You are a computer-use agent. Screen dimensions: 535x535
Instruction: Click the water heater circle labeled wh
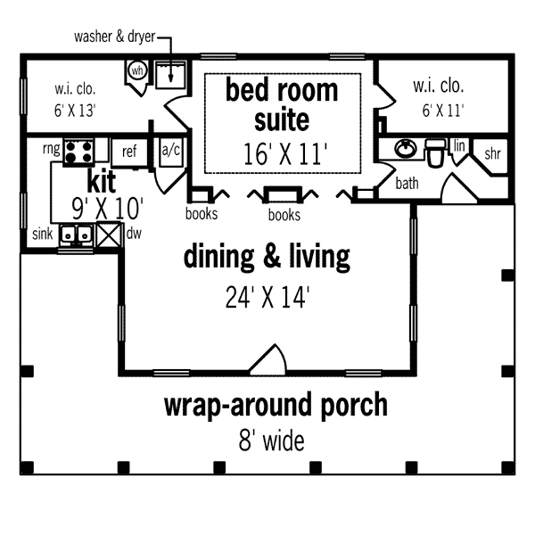tap(137, 71)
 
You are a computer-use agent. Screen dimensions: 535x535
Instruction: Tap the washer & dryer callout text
tap(115, 37)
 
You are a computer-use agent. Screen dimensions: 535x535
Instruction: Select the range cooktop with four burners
tap(78, 152)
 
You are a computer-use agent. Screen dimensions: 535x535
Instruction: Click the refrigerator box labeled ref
tap(129, 152)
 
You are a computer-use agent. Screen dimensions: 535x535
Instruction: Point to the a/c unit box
tap(171, 152)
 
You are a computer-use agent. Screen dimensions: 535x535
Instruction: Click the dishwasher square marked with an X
tap(109, 235)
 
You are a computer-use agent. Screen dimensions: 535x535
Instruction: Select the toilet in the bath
tap(435, 152)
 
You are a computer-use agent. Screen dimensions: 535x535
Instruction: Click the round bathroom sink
tap(406, 148)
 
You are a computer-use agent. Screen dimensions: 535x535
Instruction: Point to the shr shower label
tap(492, 154)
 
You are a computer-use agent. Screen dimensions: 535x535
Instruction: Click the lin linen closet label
tap(459, 146)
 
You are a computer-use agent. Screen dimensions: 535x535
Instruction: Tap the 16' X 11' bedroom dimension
tap(285, 154)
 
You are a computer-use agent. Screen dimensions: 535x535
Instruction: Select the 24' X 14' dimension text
tap(267, 298)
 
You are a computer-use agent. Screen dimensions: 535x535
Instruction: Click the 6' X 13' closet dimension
tap(75, 111)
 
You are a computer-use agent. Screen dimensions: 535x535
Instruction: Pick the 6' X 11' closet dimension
tap(443, 111)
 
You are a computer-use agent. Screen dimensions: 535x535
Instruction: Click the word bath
tap(407, 183)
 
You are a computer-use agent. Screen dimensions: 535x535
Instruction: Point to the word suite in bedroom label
tap(282, 120)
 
